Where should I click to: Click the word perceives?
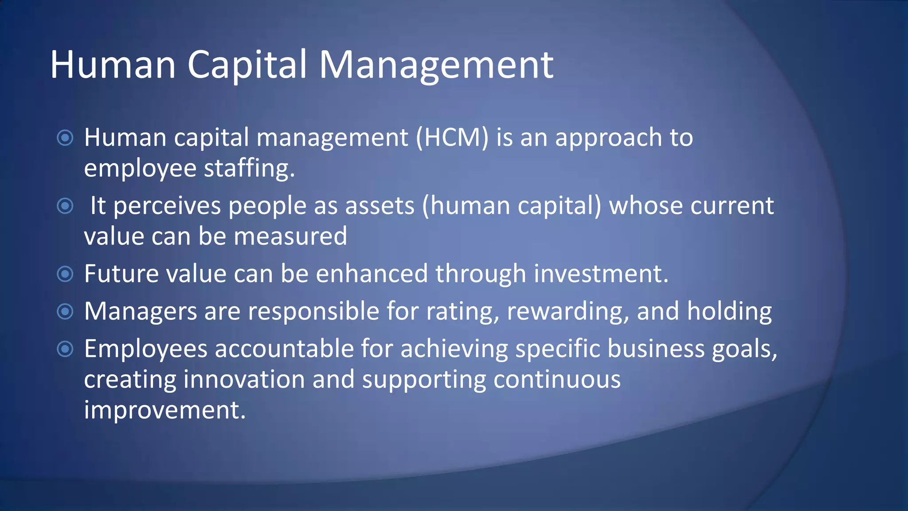point(167,206)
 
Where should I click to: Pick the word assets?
point(380,206)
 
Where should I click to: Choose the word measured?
point(290,236)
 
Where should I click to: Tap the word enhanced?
point(372,274)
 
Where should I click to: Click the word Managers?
point(141,311)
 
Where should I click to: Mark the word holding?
point(729,311)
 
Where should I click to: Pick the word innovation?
point(244,380)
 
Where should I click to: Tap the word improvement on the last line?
point(164,410)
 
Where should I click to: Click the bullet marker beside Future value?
point(65,274)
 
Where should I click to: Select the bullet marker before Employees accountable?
point(65,349)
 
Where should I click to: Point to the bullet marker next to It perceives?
point(65,206)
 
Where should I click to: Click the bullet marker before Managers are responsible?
point(65,311)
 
